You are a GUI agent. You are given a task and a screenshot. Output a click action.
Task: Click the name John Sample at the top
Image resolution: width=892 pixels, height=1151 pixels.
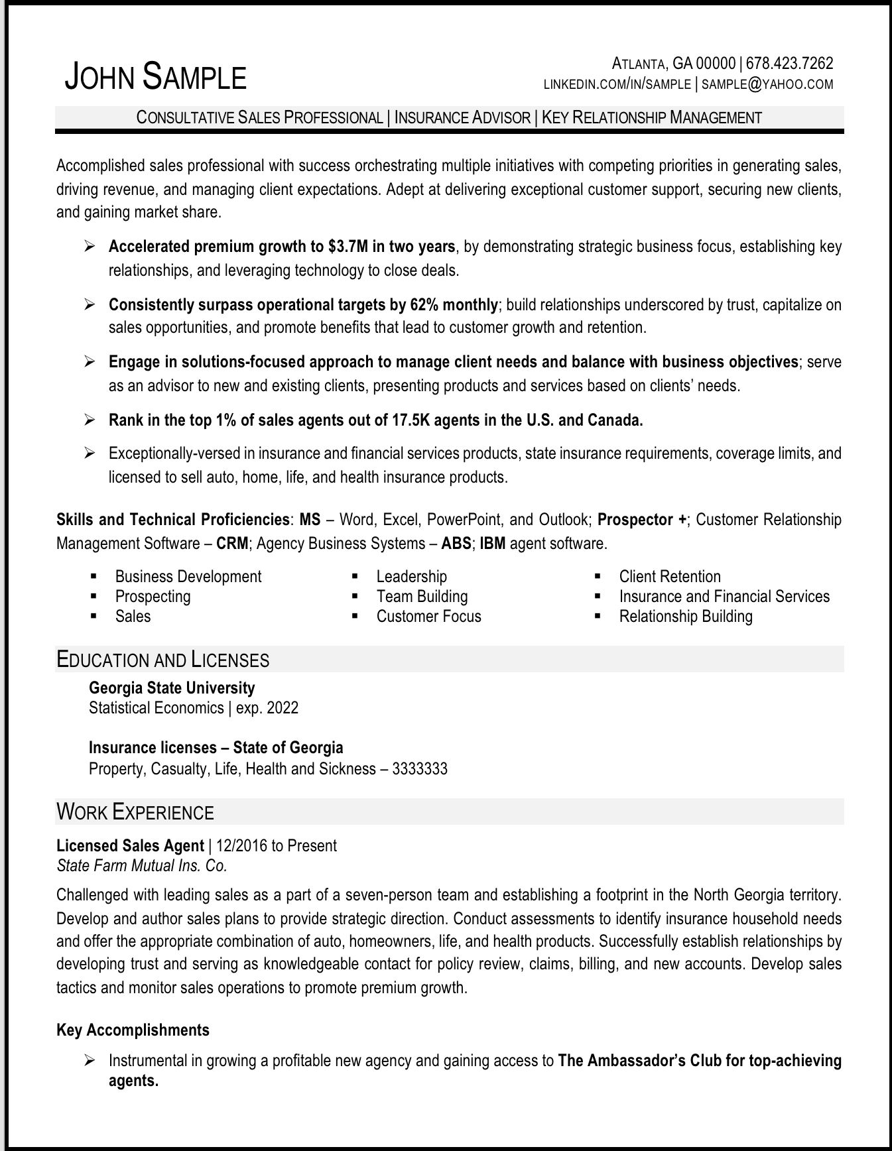(155, 77)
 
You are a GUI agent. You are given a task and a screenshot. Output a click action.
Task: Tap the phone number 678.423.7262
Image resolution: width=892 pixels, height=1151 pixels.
(789, 64)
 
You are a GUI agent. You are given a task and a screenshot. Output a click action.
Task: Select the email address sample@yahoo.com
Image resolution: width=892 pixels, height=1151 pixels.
(767, 84)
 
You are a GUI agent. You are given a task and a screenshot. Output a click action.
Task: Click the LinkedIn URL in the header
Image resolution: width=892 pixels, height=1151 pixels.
(617, 84)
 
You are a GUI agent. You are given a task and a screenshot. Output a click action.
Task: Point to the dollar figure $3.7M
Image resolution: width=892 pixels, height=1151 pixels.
(348, 247)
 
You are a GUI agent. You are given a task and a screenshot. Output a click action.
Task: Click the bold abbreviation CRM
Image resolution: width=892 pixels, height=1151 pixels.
(233, 544)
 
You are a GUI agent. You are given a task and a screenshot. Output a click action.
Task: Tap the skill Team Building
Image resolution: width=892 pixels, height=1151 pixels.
(422, 597)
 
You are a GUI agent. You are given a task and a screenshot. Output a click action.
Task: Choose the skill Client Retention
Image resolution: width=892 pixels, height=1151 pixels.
(669, 577)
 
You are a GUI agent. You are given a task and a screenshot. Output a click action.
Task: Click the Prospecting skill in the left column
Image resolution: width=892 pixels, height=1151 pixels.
(153, 597)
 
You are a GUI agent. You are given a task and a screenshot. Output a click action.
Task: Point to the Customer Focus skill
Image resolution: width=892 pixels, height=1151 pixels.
(428, 617)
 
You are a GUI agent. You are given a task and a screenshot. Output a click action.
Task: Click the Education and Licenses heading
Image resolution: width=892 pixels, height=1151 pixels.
(163, 660)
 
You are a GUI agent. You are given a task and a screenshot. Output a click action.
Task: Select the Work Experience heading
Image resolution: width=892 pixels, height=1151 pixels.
(135, 812)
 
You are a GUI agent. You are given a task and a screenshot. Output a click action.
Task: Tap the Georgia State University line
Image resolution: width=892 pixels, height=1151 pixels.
(172, 688)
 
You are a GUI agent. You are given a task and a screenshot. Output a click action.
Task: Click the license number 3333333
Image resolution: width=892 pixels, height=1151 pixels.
(420, 769)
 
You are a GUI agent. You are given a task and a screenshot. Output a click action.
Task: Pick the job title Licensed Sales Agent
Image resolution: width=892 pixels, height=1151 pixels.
(130, 846)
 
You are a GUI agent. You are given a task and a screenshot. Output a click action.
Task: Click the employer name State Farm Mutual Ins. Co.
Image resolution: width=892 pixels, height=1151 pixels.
(142, 866)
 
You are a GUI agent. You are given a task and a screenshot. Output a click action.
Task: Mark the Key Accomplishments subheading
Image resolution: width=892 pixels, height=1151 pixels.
(133, 1030)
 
